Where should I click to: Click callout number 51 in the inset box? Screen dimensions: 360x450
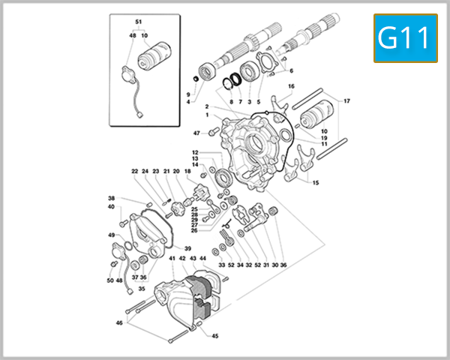tap(138, 21)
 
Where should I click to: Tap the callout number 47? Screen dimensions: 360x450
tap(196, 133)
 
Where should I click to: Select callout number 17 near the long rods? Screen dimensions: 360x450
tap(346, 101)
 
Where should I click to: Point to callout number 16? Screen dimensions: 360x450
tap(291, 86)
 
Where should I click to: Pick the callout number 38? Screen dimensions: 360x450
tap(111, 198)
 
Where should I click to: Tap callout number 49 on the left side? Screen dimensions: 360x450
tap(111, 235)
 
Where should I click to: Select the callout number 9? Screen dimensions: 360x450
tap(188, 94)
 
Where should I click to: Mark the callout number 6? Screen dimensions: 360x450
tap(291, 71)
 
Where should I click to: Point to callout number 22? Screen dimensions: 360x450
tap(134, 171)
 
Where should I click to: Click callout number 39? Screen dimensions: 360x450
tap(187, 248)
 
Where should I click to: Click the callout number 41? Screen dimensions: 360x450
tap(172, 258)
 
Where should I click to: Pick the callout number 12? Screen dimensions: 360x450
tap(194, 152)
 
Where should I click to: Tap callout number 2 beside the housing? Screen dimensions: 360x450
tap(206, 106)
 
